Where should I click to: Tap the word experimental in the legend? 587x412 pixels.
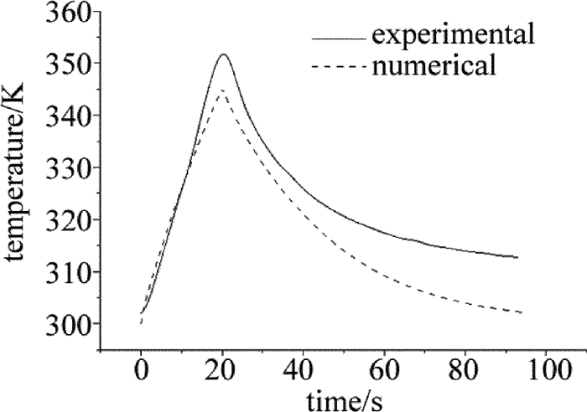pos(454,37)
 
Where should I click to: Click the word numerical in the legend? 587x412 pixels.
pos(435,64)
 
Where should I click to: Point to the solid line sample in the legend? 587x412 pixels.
pos(339,38)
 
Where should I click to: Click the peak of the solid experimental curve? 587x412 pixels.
pos(223,54)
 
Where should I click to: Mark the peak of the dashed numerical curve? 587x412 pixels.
pos(221,90)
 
